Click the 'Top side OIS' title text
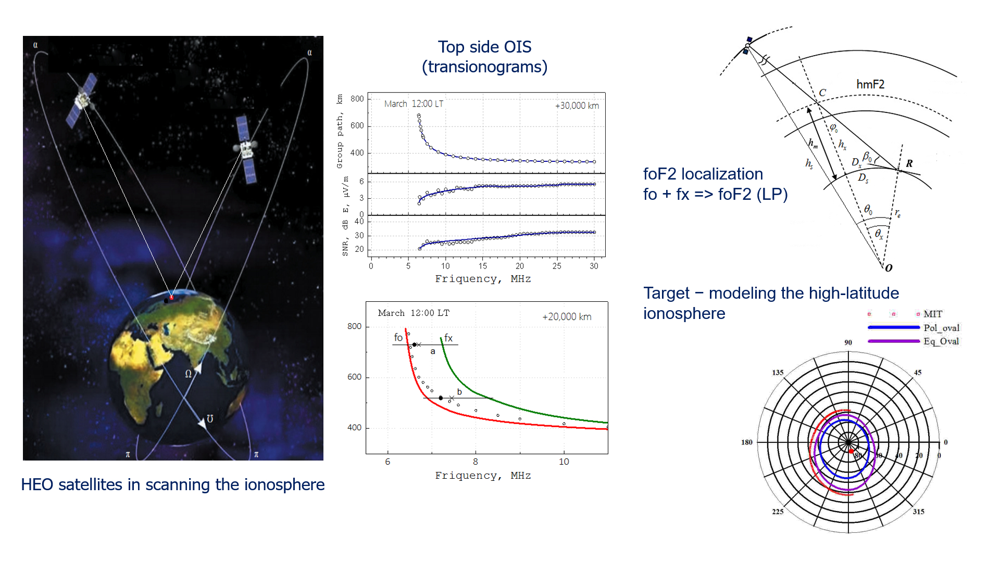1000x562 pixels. [x=484, y=47]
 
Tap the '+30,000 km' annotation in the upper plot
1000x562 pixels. [x=577, y=106]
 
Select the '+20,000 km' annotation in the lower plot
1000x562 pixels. [x=567, y=316]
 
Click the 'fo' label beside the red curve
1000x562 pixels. [x=398, y=337]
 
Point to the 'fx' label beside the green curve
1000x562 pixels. [x=448, y=338]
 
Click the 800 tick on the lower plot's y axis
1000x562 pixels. [x=354, y=326]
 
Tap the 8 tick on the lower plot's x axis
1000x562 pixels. [x=476, y=462]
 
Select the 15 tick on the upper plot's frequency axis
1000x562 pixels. [x=483, y=266]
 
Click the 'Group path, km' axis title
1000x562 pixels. [x=340, y=131]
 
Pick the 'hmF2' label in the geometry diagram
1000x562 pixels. [x=870, y=84]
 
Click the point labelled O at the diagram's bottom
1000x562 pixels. [x=889, y=268]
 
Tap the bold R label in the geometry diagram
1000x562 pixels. [x=909, y=163]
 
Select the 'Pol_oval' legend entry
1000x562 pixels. [x=941, y=328]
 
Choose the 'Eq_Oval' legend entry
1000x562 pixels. [x=941, y=341]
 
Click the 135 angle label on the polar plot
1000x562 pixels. [x=778, y=373]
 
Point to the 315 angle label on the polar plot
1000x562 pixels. [x=918, y=512]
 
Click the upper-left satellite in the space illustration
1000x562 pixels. [x=82, y=99]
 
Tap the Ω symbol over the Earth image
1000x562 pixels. [x=189, y=374]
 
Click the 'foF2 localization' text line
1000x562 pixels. [x=703, y=174]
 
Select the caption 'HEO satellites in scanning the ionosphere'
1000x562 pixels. [x=172, y=484]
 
